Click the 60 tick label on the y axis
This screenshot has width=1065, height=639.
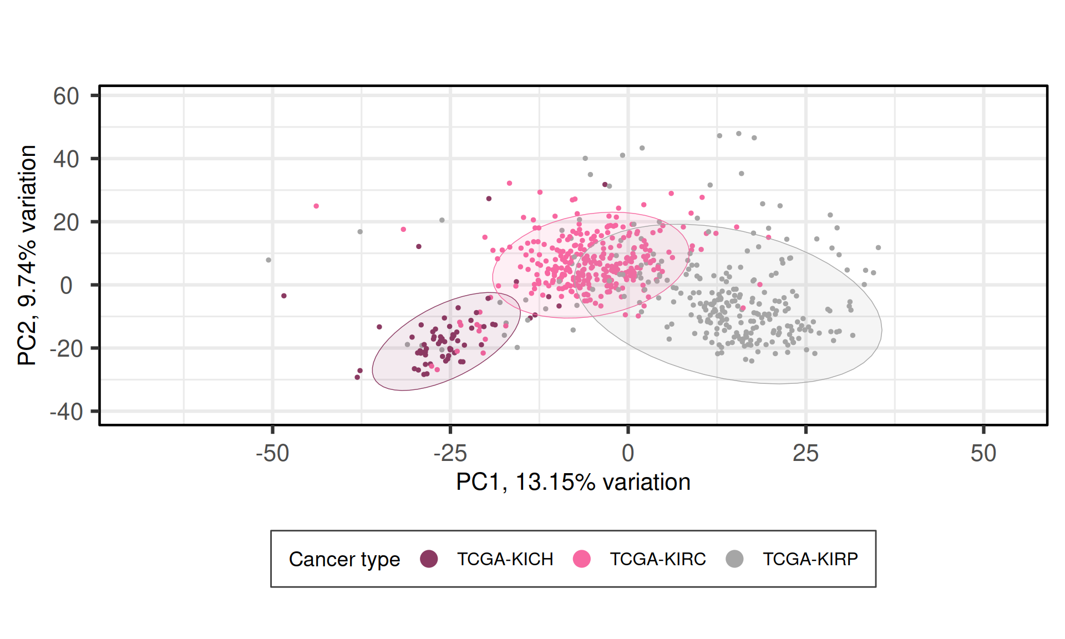tap(66, 97)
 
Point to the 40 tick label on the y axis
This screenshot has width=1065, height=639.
tap(66, 160)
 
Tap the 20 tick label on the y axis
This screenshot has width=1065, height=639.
tap(66, 223)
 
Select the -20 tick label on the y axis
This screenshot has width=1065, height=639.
tap(66, 349)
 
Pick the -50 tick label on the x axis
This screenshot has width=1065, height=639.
tap(272, 454)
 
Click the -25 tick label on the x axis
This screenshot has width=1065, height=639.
tap(450, 454)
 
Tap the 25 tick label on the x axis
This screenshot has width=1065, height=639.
tap(805, 454)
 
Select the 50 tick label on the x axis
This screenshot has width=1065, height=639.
tap(983, 454)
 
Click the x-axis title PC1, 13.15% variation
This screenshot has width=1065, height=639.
tap(573, 483)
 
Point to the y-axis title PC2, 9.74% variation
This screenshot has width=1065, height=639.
tap(27, 255)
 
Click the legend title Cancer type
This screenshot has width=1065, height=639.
tap(344, 559)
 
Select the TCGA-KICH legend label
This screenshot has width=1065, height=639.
tap(505, 559)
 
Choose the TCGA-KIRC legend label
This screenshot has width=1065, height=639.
tap(658, 559)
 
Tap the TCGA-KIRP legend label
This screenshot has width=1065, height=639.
tap(810, 559)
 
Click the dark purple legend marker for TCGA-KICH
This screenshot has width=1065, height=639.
tap(429, 559)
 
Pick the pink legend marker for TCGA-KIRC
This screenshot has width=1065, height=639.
tap(581, 559)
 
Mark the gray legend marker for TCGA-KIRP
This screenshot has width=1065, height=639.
tap(734, 559)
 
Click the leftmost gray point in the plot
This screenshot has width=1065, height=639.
tap(268, 260)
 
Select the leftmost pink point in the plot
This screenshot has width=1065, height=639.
tap(316, 206)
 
